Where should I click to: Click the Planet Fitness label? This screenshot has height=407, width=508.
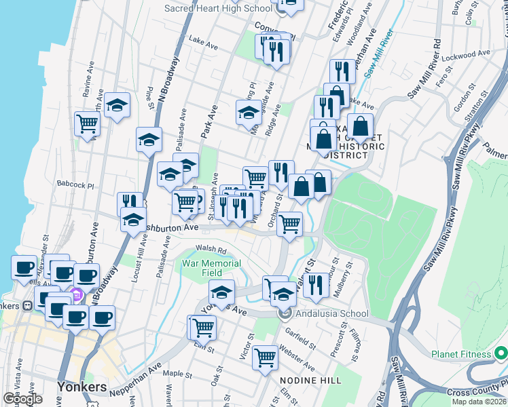460,354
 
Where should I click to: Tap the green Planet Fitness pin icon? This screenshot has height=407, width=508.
501,353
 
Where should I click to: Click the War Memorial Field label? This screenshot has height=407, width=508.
211,268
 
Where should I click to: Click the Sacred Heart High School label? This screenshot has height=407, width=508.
219,8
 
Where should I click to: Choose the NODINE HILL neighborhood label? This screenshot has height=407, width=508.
311,381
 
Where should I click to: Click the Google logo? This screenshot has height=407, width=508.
22,399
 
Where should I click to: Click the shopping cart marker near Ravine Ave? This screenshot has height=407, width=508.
88,123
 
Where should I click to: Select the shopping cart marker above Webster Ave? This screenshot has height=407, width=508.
265,357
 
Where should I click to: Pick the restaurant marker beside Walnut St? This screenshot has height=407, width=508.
314,284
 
